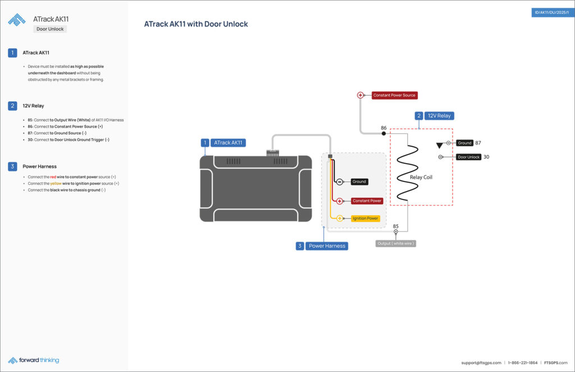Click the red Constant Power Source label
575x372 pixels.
(x=394, y=96)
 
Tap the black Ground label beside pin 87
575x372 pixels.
(x=464, y=143)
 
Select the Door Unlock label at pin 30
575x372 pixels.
(x=469, y=157)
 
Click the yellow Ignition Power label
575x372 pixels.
(x=365, y=218)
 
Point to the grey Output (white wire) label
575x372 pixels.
(x=396, y=243)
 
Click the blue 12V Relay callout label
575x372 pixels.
(x=439, y=116)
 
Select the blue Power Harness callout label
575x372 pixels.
(x=327, y=246)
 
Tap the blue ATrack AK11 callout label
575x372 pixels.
(x=228, y=143)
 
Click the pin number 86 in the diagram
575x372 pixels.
(x=384, y=128)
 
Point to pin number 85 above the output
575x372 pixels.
(x=395, y=226)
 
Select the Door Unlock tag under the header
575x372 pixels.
(x=49, y=29)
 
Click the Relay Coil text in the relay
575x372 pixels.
(x=421, y=177)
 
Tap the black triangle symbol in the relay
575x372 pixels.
(x=439, y=146)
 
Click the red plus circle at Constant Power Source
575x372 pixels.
(x=360, y=96)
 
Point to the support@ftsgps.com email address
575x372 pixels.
(x=480, y=362)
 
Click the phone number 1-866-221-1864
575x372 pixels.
(x=523, y=362)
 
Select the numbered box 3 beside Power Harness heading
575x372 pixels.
(x=12, y=166)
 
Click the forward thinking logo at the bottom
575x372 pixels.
(x=34, y=360)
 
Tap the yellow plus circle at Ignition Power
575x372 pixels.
(x=340, y=218)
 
